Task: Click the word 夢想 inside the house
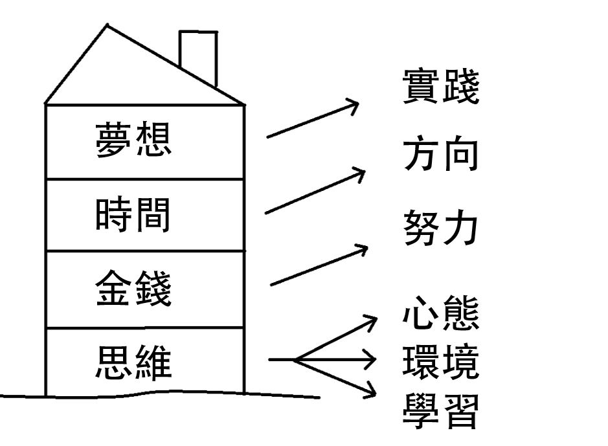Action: tap(133, 139)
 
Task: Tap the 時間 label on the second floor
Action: tap(133, 215)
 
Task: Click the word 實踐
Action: tap(440, 89)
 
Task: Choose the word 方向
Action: tap(440, 155)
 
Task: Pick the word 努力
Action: tap(440, 227)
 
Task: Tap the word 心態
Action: tap(440, 314)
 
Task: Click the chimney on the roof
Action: tap(197, 55)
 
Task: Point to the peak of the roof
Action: tap(107, 27)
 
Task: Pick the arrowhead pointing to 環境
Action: tap(370, 359)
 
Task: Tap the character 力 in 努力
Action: tap(461, 227)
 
